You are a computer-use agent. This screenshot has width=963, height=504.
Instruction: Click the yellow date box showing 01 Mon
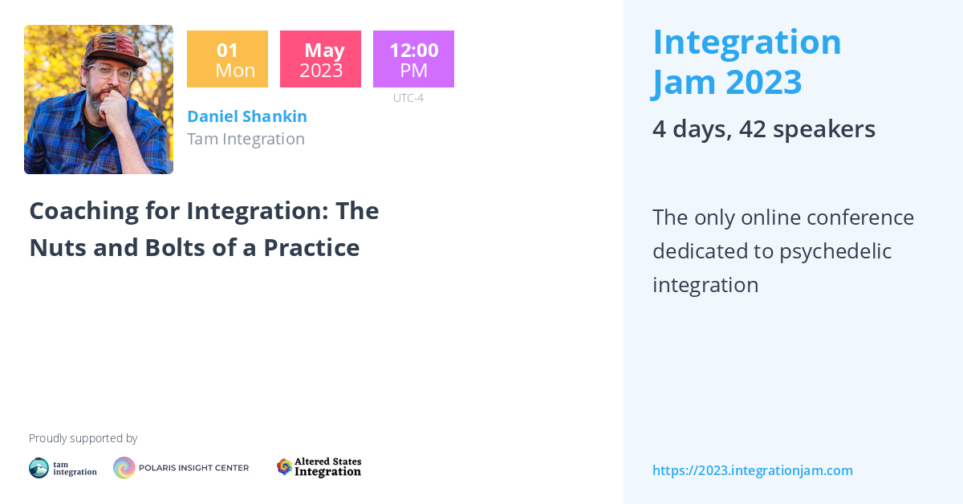[x=227, y=59]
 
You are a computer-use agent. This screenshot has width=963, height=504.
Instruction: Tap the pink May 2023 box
[x=320, y=59]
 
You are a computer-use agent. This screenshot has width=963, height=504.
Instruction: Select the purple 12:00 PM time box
[x=413, y=59]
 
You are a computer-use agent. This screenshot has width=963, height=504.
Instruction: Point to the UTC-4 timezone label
[x=408, y=98]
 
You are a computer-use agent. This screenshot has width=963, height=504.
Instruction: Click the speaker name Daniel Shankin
[x=247, y=116]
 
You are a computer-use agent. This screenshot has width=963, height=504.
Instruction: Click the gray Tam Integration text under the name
[x=246, y=139]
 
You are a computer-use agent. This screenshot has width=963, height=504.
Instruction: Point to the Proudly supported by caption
[x=83, y=438]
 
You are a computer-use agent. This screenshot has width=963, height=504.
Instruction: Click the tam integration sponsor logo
[x=63, y=468]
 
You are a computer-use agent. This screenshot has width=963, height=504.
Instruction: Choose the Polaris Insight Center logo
[x=181, y=468]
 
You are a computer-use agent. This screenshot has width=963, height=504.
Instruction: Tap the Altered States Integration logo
[x=319, y=467]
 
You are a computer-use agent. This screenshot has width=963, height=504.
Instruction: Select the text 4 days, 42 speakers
[x=763, y=129]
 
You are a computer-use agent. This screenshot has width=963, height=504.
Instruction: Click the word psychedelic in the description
[x=835, y=251]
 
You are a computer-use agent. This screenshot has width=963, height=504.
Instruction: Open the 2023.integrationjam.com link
[x=752, y=470]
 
